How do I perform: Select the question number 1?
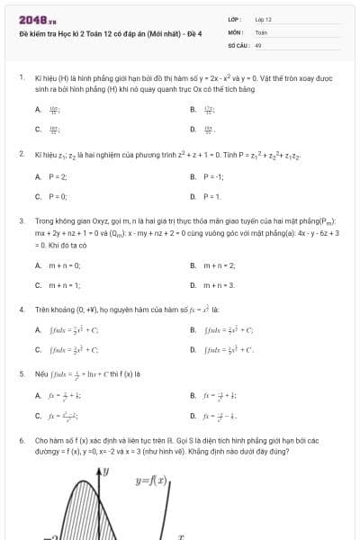[21, 78]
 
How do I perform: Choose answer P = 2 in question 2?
[58, 176]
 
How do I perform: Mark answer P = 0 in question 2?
[58, 196]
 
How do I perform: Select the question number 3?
[21, 220]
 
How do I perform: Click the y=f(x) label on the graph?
[153, 480]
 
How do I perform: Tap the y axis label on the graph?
[105, 470]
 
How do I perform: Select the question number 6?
[21, 440]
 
